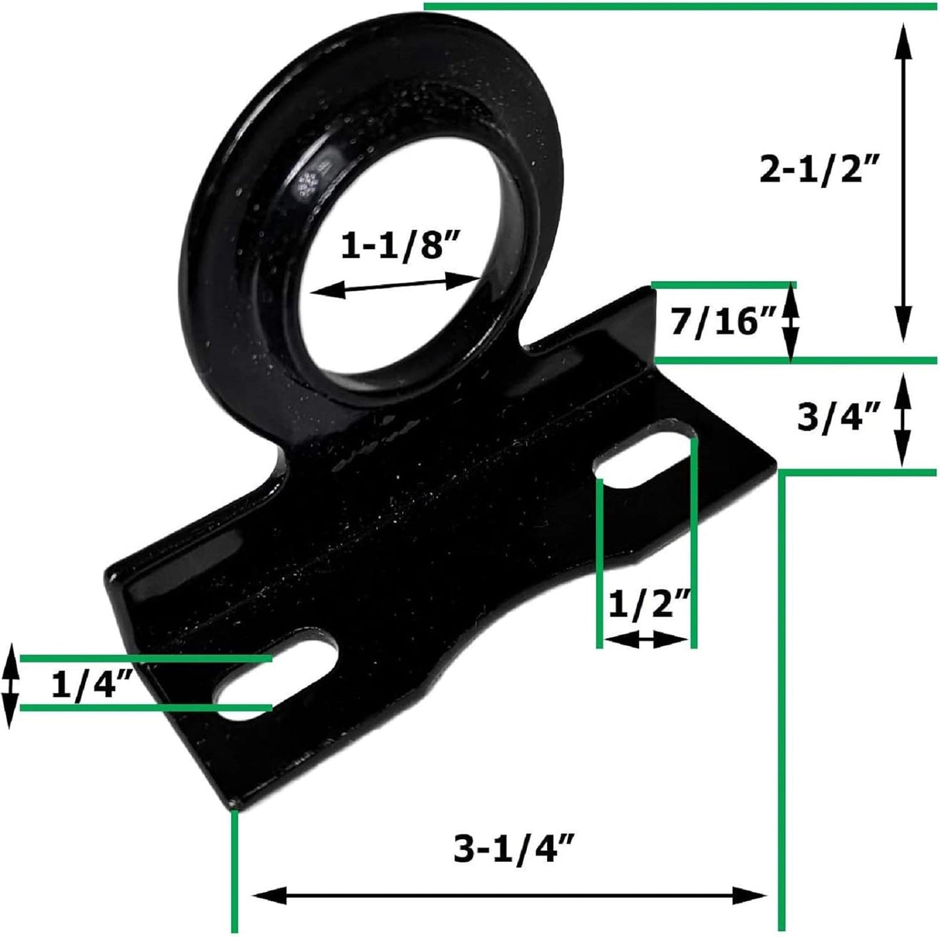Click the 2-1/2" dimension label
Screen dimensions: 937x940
820,170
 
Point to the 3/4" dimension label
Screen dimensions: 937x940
839,417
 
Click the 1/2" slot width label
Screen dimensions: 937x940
649,606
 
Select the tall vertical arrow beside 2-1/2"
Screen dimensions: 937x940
903,183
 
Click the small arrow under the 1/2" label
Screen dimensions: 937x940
645,641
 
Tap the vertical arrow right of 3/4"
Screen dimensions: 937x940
902,421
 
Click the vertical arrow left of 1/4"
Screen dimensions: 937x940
10,685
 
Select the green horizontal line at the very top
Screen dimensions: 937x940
679,7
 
